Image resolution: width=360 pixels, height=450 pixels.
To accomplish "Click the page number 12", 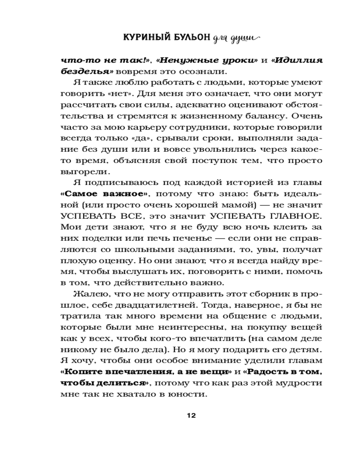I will point(189,415).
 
